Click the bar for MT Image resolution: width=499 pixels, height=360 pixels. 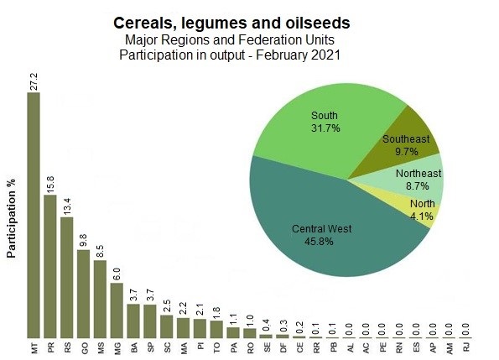click(34, 215)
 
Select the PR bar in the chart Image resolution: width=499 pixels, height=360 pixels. click(50, 266)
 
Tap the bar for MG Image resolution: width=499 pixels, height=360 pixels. click(117, 310)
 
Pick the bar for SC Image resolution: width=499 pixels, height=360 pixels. click(166, 326)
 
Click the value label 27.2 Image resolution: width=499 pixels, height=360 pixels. click(34, 81)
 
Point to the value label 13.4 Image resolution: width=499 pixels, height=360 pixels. click(67, 206)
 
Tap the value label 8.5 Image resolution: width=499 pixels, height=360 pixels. click(101, 252)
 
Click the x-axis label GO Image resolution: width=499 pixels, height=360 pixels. click(85, 348)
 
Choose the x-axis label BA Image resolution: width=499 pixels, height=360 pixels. click(134, 348)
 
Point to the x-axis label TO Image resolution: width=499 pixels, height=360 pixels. click(216, 348)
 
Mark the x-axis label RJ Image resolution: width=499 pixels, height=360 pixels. click(466, 347)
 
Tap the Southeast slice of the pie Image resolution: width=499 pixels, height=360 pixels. click(404, 143)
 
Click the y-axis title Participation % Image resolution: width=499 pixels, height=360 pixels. click(11, 218)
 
